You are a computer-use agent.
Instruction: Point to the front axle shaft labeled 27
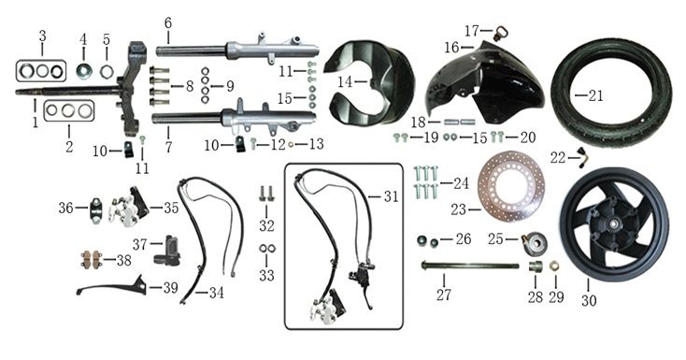470,266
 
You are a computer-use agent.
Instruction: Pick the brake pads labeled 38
91,260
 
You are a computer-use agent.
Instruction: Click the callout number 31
391,196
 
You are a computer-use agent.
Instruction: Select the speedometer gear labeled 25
534,241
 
